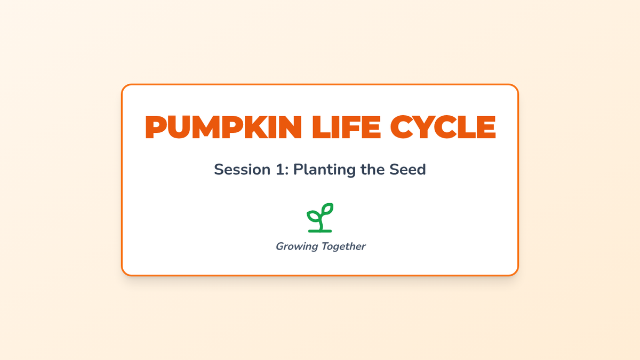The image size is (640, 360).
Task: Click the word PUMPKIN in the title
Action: point(223,127)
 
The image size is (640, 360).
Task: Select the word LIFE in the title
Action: point(347,127)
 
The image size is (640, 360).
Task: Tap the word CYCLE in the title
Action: point(443,127)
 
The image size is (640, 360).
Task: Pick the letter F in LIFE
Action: point(350,127)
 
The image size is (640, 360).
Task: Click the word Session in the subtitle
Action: point(242,170)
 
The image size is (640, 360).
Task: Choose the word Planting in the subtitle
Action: point(324,170)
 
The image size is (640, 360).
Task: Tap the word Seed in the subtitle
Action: point(407,169)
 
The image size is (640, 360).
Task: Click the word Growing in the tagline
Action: point(297,247)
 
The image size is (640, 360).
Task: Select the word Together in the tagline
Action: point(343,246)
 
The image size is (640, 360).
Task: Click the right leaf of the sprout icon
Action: point(327,209)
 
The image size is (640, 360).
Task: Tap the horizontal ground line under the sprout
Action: point(320,231)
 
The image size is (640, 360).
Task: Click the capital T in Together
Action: point(325,246)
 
